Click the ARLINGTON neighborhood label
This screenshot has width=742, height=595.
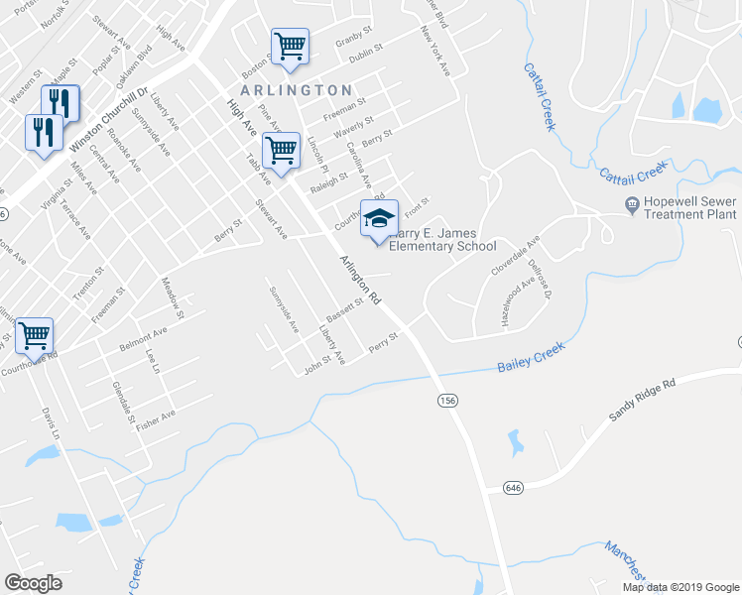tap(297, 90)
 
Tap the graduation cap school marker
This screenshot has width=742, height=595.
tap(378, 219)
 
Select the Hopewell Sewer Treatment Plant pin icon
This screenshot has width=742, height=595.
tap(631, 205)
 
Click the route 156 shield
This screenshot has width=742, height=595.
tap(448, 399)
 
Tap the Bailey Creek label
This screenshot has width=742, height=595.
tap(530, 359)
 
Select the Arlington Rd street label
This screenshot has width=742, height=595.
tap(360, 280)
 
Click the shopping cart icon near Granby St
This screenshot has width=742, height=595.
tap(290, 46)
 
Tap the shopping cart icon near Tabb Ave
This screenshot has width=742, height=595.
tap(282, 151)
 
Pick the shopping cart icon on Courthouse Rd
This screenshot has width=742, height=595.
tap(35, 336)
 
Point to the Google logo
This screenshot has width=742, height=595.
tap(34, 583)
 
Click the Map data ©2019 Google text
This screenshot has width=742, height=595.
tap(680, 587)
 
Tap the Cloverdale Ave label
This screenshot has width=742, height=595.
tap(515, 256)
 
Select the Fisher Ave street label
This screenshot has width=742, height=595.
tap(156, 419)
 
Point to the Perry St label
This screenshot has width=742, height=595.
tap(383, 343)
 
